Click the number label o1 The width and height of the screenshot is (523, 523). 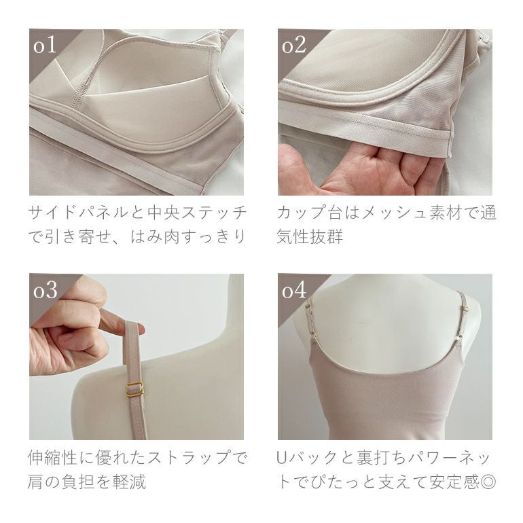point(44,46)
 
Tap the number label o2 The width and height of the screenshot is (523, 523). point(293,46)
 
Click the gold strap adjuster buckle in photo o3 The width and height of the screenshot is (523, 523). point(134,389)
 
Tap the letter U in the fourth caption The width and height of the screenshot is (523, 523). point(282,458)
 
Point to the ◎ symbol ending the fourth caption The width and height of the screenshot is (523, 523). point(488,482)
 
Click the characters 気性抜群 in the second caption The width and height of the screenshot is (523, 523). point(310,236)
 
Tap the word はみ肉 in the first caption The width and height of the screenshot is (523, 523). point(155,236)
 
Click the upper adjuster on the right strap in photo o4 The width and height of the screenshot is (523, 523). point(465,310)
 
